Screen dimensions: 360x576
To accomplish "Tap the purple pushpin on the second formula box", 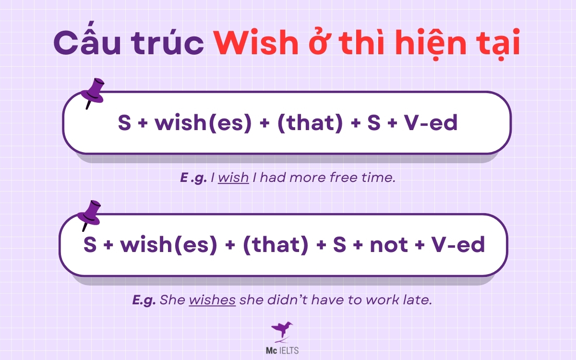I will pos(91,215).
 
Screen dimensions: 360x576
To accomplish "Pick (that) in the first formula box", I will pos(310,123).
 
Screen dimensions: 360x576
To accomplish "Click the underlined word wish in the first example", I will pos(233,178).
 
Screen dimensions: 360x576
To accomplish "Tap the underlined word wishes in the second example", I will pos(212,300).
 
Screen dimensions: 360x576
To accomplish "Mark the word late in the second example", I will pos(416,300).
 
